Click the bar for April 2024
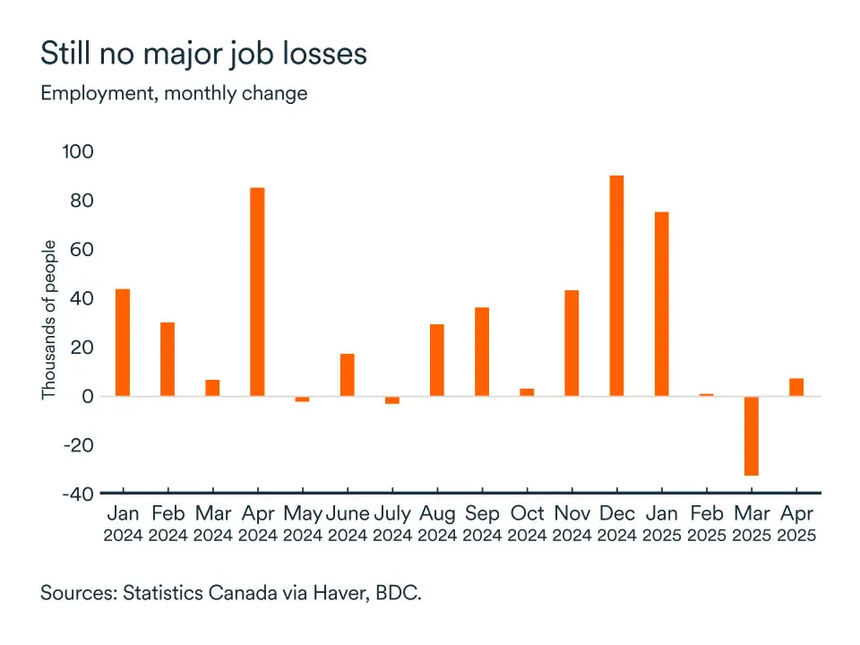257,291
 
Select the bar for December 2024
616,286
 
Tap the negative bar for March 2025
751,435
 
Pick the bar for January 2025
661,304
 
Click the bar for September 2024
482,351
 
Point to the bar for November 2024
572,343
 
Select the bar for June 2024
347,374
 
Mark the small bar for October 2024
527,392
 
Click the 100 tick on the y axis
77,152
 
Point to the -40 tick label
77,494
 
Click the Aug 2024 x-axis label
437,524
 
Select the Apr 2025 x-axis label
795,524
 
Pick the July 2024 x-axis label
392,524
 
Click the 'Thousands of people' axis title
49,320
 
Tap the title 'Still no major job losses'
203,55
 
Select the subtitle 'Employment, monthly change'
174,93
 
